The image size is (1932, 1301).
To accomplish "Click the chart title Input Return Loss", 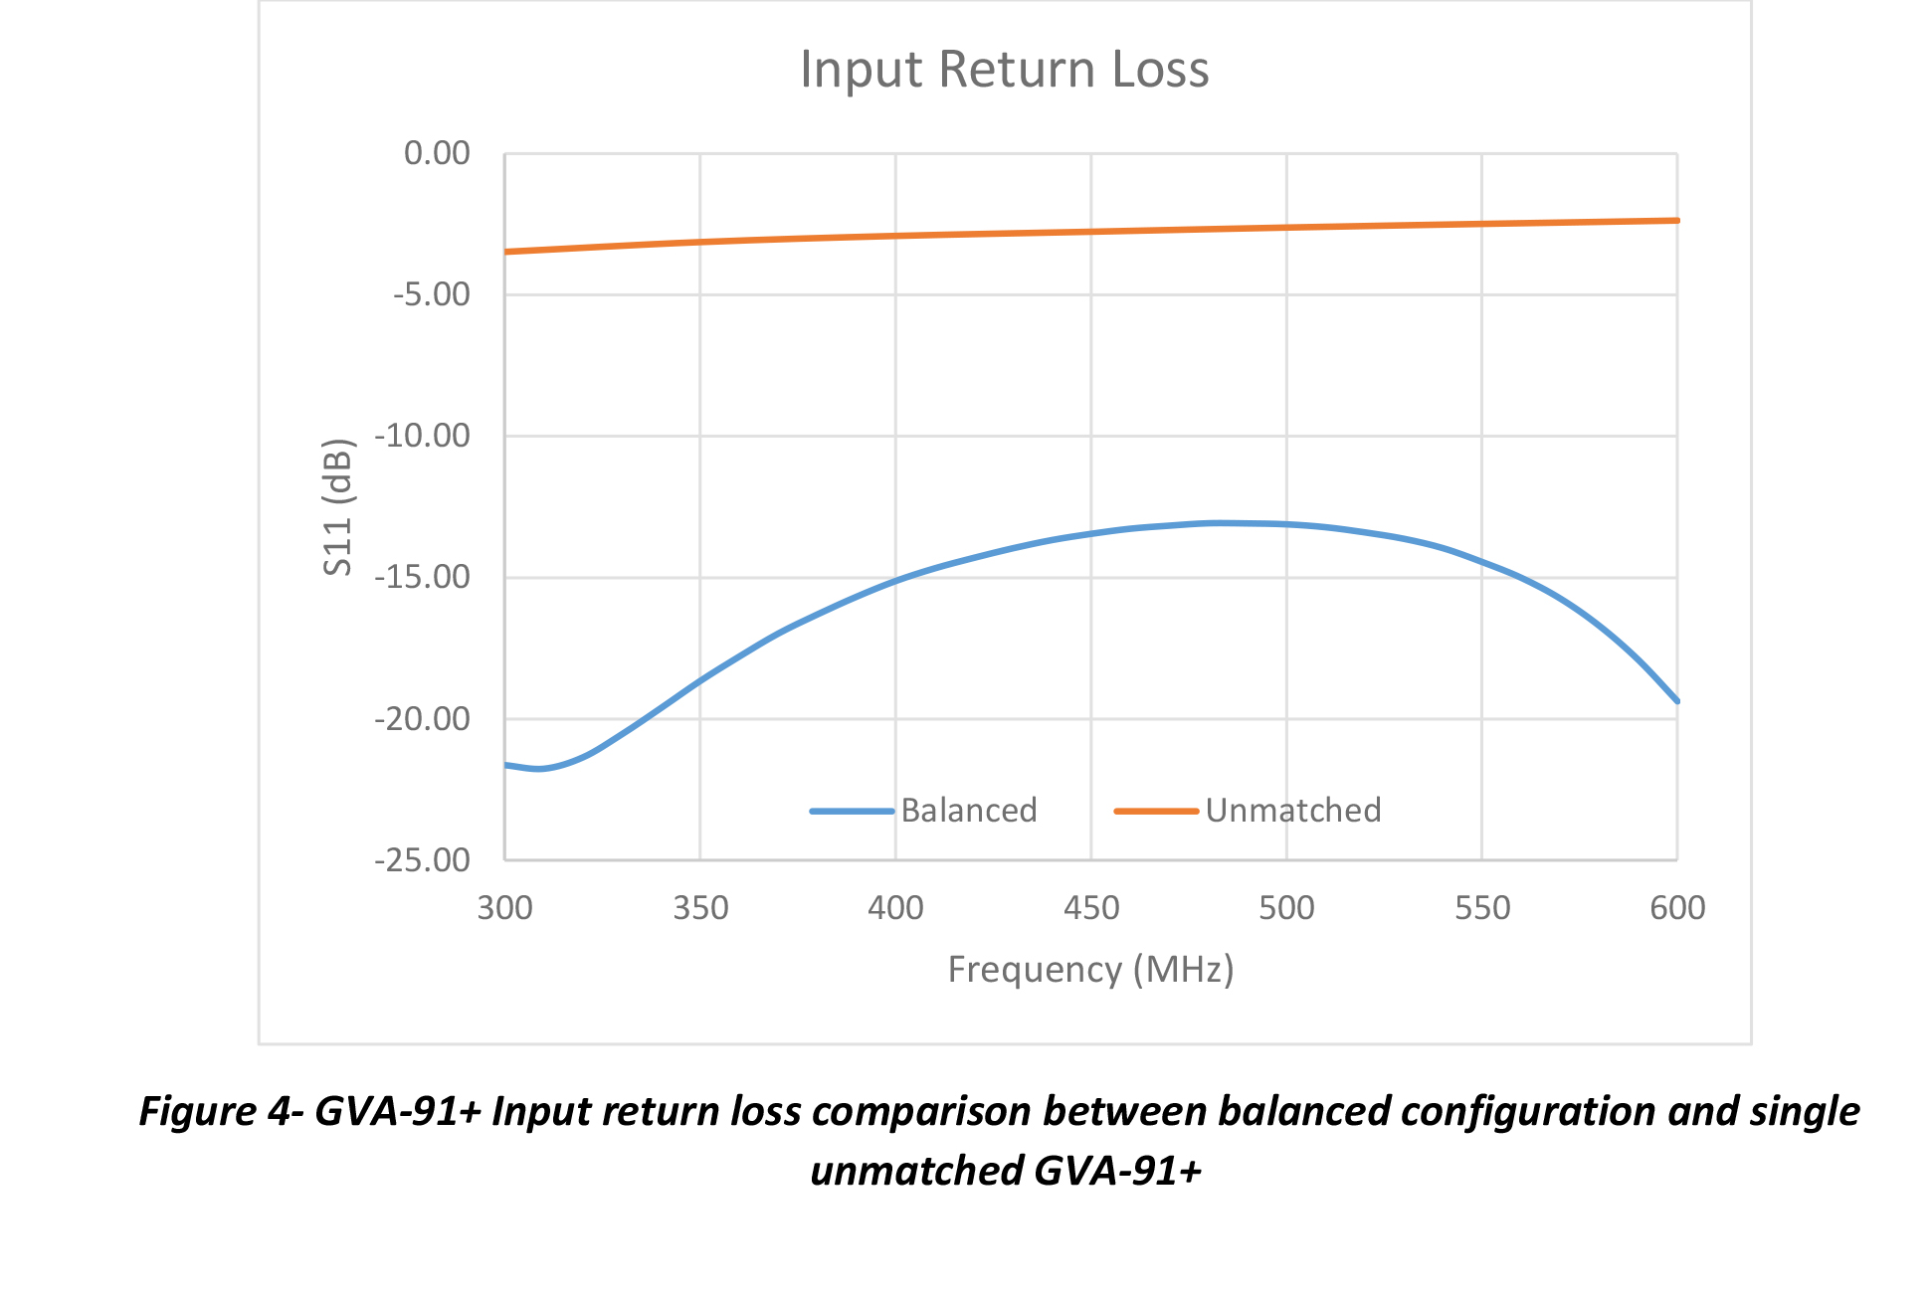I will click(1004, 70).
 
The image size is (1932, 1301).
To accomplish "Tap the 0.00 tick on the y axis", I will click(437, 153).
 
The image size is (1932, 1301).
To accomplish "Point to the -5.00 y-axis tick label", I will click(431, 294).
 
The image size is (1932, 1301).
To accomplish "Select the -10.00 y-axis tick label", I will click(422, 436).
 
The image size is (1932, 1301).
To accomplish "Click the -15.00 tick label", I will click(422, 577).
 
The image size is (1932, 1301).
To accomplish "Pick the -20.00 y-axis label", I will click(422, 718).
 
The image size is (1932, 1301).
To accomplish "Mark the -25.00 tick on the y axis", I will click(422, 859).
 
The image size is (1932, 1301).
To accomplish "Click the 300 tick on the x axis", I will click(504, 907).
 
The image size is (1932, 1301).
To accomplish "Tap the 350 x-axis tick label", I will click(700, 907).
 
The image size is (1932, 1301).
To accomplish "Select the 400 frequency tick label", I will click(895, 907).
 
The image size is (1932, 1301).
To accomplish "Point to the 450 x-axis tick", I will click(1091, 907).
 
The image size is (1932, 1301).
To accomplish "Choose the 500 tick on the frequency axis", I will click(1286, 907).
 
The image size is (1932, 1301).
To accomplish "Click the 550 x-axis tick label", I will click(1482, 907).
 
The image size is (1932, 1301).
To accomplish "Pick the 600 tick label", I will click(1677, 907).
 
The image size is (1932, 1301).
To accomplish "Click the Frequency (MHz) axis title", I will click(1090, 969).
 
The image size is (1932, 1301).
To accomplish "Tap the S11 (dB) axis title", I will click(338, 506).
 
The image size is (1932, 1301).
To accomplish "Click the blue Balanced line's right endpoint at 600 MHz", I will click(1677, 701).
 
